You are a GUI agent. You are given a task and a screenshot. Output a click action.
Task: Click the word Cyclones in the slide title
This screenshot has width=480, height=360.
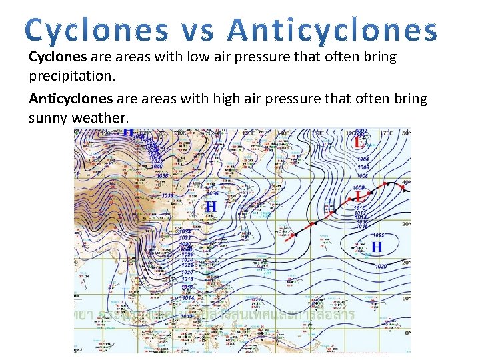pos(99,31)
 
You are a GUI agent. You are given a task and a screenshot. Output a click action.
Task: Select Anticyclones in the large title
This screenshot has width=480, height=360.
pos(332,31)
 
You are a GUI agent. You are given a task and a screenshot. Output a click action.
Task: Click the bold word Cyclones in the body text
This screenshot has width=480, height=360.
pos(58,57)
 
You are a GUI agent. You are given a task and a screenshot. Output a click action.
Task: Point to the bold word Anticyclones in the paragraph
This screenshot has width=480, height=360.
pos(71,99)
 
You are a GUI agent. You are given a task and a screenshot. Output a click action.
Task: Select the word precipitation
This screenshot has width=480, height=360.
pos(72,76)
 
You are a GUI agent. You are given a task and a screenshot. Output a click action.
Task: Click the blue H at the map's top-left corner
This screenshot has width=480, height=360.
pos(128,135)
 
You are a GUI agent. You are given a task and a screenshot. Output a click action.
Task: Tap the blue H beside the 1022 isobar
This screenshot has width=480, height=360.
pos(377,247)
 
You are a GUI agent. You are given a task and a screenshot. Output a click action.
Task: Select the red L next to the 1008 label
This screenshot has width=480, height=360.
pos(360,197)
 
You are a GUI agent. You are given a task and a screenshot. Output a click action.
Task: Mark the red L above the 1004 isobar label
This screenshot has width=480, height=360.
pos(359,142)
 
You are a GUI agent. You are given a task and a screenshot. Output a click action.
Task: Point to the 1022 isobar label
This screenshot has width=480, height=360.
pos(379,235)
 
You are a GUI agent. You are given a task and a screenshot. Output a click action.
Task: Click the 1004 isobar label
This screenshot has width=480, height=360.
pos(363,159)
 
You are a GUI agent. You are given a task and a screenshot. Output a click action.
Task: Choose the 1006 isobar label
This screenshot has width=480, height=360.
pos(363,167)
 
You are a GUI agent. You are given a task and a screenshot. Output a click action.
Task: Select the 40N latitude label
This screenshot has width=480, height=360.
pos(406,181)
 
